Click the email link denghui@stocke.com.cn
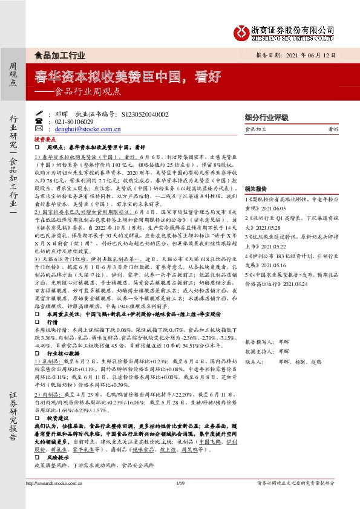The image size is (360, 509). click(89, 128)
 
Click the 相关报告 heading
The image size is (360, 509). click(256, 188)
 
